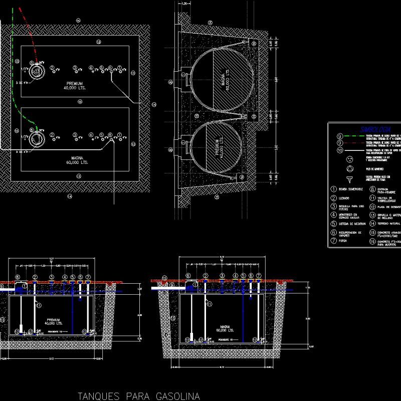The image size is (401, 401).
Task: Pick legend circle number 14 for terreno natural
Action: coord(372,224)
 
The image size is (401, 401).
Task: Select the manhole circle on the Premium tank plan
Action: coord(36,71)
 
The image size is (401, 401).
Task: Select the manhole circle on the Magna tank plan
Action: coord(36,138)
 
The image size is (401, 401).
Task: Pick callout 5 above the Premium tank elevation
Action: coord(73,277)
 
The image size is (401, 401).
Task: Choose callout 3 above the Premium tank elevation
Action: coord(52,277)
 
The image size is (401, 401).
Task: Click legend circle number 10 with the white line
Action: coord(339,150)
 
